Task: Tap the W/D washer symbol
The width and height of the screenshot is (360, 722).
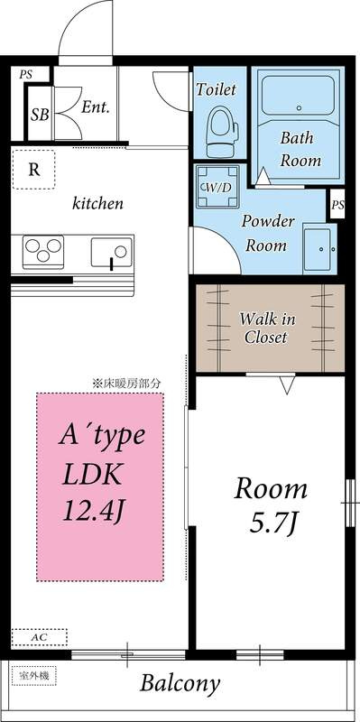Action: click(x=217, y=187)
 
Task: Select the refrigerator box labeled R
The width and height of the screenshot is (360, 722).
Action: click(x=33, y=170)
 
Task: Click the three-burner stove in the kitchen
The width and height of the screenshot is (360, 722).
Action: click(x=43, y=252)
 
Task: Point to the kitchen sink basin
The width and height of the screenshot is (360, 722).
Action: click(x=111, y=252)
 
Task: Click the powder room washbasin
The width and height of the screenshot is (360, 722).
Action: click(x=318, y=249)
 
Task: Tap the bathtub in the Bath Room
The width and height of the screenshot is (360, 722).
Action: click(x=298, y=96)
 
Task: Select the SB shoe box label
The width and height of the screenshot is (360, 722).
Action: click(x=40, y=115)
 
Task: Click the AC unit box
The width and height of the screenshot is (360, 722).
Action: click(x=39, y=638)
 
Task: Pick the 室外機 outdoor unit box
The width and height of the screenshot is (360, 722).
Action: click(x=33, y=676)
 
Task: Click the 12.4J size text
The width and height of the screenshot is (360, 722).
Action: click(x=95, y=511)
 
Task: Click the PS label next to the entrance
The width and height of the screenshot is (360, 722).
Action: click(x=26, y=75)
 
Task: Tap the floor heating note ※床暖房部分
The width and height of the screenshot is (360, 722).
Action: click(x=126, y=383)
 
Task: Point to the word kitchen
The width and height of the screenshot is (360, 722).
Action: click(x=97, y=203)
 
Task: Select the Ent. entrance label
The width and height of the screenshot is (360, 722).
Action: click(x=96, y=107)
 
